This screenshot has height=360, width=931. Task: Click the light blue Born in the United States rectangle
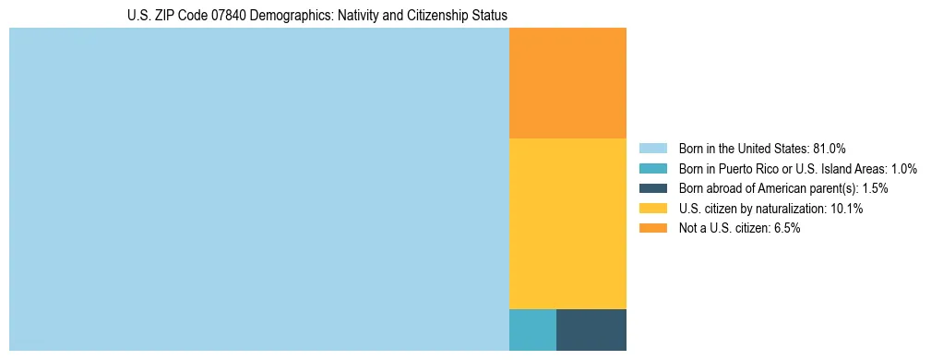click(x=258, y=189)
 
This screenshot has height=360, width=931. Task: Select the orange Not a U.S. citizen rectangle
click(x=567, y=82)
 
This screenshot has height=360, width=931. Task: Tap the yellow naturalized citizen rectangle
click(x=567, y=222)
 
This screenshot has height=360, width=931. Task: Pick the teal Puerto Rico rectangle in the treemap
click(x=532, y=330)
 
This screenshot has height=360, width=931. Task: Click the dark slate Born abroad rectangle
click(x=591, y=330)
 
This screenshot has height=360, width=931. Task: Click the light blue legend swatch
click(x=652, y=148)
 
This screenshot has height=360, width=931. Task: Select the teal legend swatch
click(x=652, y=168)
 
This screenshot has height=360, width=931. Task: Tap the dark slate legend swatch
click(x=652, y=188)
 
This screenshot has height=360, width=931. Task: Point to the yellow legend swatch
click(x=652, y=209)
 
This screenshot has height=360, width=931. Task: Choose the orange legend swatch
click(x=652, y=229)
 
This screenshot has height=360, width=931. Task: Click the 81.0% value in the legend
click(x=830, y=148)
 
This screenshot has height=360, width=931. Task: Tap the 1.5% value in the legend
click(x=875, y=188)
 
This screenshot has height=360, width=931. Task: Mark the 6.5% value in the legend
click(x=785, y=229)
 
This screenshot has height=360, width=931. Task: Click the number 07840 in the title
click(x=219, y=16)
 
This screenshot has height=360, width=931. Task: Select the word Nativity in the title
click(x=339, y=16)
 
